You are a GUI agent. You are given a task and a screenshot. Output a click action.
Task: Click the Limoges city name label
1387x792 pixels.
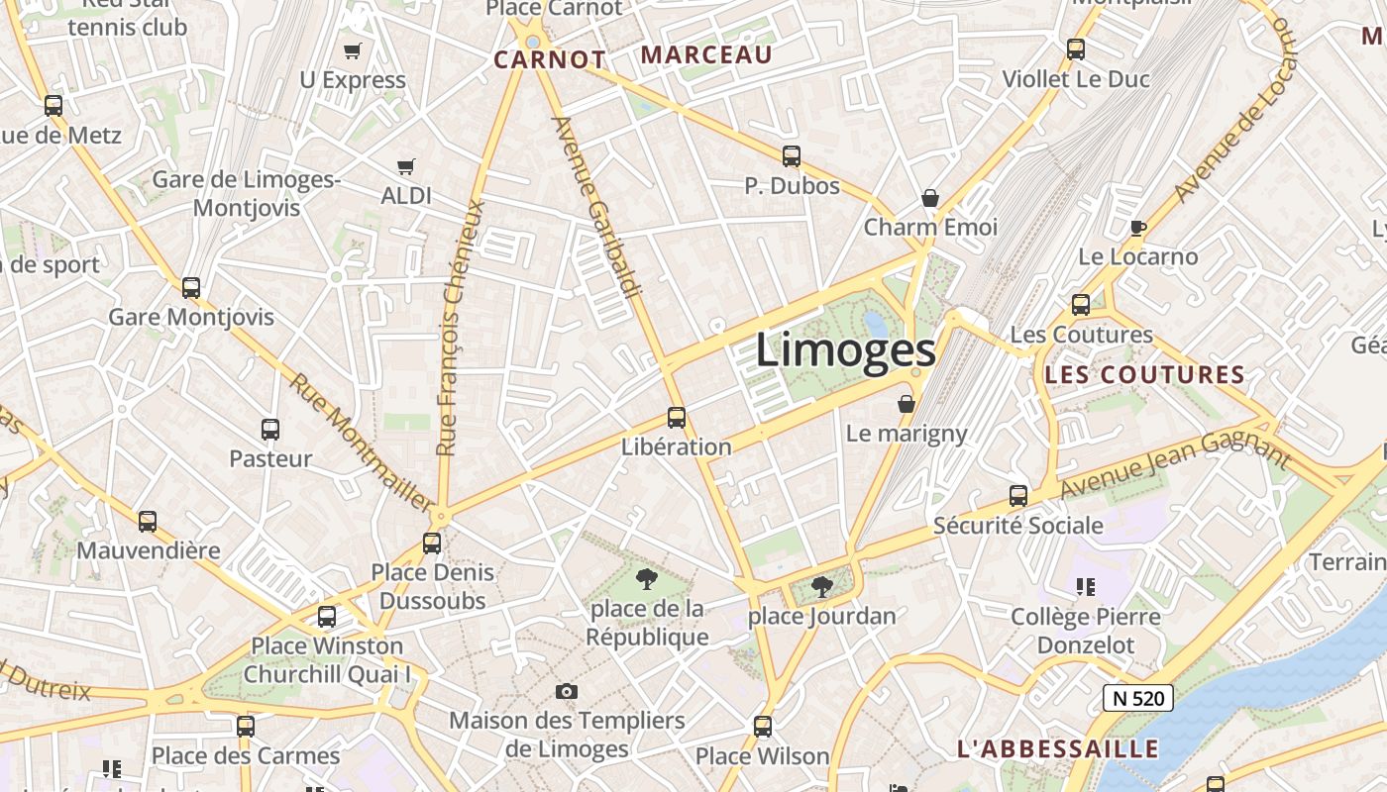tap(845, 351)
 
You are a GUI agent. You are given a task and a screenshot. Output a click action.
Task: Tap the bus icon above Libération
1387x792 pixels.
tap(677, 418)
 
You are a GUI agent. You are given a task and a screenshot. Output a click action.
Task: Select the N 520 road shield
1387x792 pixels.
tap(1138, 698)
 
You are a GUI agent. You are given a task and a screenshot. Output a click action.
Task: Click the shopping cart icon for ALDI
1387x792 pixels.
tap(405, 167)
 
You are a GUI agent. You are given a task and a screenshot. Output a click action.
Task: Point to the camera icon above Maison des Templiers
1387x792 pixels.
tap(567, 691)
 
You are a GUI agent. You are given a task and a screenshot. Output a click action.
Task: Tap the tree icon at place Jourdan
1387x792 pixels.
tap(821, 587)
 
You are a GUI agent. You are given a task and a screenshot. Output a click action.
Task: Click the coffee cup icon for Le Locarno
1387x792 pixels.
tap(1138, 229)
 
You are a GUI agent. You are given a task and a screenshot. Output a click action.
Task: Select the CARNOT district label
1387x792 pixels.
tap(550, 59)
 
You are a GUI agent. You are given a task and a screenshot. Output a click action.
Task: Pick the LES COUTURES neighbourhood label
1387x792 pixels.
tap(1144, 375)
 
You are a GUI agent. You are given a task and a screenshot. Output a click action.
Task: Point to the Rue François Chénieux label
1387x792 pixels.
tap(462, 327)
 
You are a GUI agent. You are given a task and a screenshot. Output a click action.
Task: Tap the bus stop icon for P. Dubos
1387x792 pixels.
tap(791, 156)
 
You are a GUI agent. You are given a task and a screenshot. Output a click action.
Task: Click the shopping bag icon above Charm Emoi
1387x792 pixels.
tap(930, 198)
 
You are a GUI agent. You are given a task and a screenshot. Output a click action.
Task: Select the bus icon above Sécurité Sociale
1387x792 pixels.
tap(1018, 496)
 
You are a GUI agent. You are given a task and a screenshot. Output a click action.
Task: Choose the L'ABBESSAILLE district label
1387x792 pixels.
tap(1057, 748)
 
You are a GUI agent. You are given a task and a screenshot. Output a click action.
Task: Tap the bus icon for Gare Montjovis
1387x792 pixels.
tap(191, 288)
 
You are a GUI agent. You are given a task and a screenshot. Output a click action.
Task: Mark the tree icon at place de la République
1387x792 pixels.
tap(647, 578)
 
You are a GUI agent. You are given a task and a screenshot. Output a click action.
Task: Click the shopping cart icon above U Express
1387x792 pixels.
tap(352, 50)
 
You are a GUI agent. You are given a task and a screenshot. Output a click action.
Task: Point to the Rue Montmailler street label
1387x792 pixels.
tap(361, 442)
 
